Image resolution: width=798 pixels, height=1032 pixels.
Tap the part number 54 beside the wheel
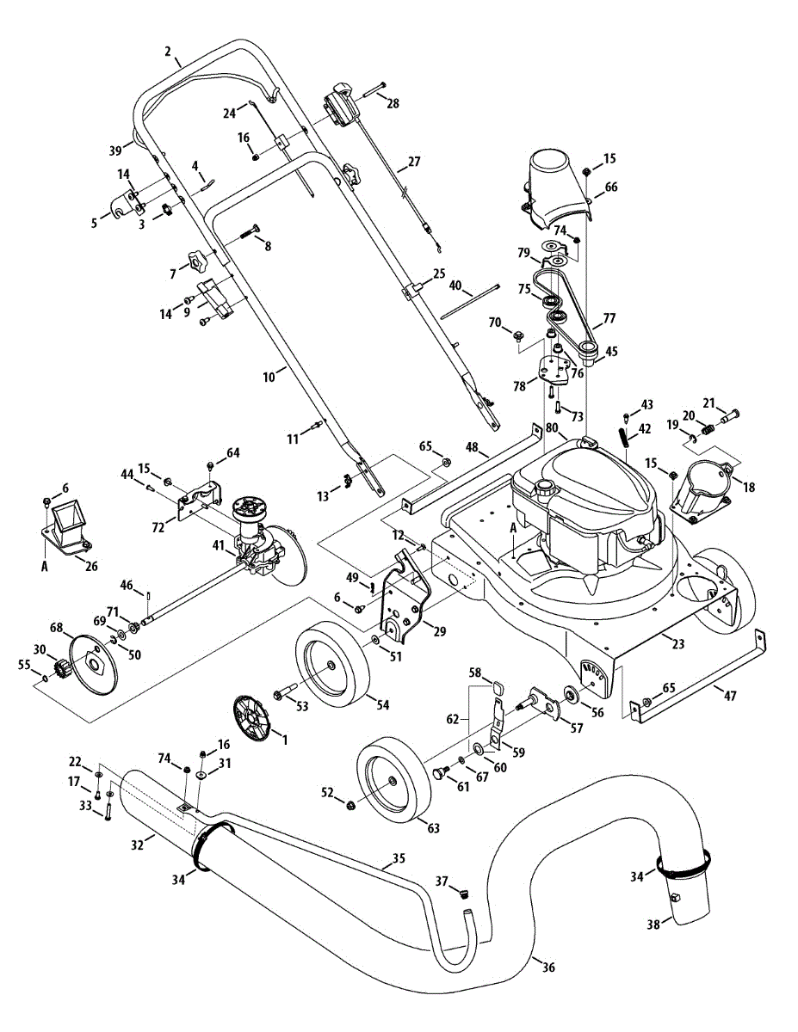[382, 705]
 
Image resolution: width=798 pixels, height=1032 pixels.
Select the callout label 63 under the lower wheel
[434, 828]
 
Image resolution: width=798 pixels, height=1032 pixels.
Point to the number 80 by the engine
[552, 428]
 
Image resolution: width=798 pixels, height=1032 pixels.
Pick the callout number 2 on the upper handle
[168, 52]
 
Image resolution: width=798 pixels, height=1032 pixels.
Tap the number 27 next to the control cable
[414, 162]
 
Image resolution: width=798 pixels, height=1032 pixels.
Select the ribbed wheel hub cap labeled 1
[251, 719]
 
